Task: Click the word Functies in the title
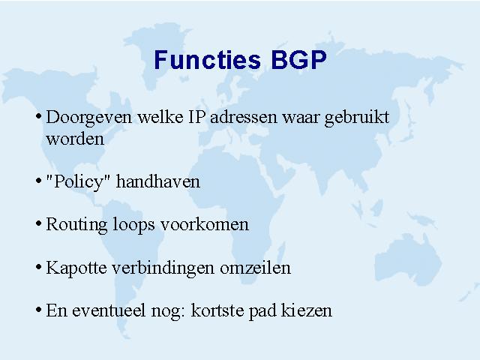click(208, 59)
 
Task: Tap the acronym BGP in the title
click(299, 59)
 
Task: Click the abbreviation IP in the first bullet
click(196, 117)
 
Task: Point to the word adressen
click(243, 117)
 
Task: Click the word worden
click(75, 139)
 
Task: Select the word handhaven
click(158, 181)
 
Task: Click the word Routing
click(76, 225)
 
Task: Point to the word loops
click(134, 225)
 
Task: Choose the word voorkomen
click(205, 224)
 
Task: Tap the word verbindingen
click(163, 268)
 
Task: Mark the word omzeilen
click(255, 268)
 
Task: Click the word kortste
click(217, 310)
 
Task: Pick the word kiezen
click(307, 310)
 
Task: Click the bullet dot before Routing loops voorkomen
click(38, 223)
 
